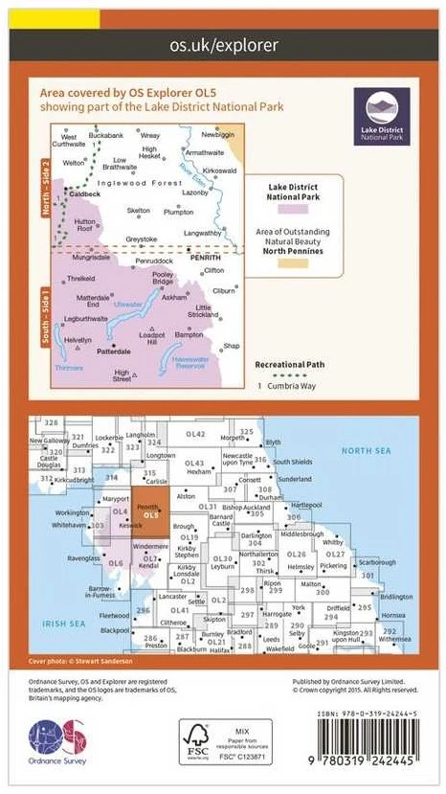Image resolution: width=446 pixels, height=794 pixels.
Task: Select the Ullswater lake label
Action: [x=128, y=304]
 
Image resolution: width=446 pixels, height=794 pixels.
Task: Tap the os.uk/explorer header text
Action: [x=223, y=44]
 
